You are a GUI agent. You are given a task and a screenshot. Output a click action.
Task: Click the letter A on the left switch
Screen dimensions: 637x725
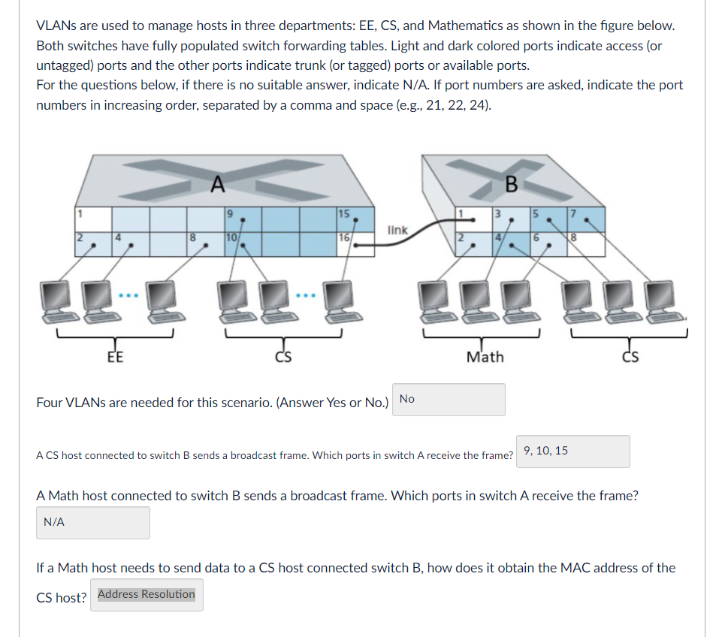[217, 183]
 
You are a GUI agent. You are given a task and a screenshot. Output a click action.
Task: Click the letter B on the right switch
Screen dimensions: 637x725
[512, 183]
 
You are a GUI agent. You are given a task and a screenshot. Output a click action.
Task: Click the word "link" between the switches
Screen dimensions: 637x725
[398, 230]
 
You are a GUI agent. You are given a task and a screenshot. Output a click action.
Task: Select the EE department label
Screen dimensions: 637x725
[116, 357]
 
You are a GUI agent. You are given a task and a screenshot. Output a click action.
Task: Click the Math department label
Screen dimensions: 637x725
[485, 357]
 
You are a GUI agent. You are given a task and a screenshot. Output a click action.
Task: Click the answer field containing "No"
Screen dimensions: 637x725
[449, 400]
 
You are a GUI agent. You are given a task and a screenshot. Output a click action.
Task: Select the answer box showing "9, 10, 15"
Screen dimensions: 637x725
[572, 451]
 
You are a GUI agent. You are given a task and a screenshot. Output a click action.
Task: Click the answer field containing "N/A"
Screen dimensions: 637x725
[93, 523]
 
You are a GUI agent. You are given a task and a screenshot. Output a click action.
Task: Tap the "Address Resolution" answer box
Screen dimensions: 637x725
[147, 595]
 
